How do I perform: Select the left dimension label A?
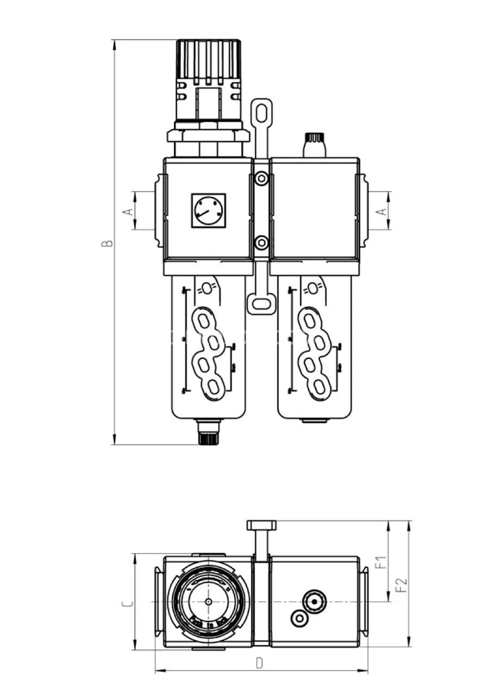128,211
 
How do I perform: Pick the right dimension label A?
382,211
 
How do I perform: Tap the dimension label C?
127,603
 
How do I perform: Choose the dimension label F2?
402,585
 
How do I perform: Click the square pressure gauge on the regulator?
208,210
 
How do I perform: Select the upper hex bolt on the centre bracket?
261,178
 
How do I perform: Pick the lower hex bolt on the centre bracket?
261,243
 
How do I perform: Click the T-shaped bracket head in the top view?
261,525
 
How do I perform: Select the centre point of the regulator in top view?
209,601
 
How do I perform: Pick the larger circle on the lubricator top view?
315,601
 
